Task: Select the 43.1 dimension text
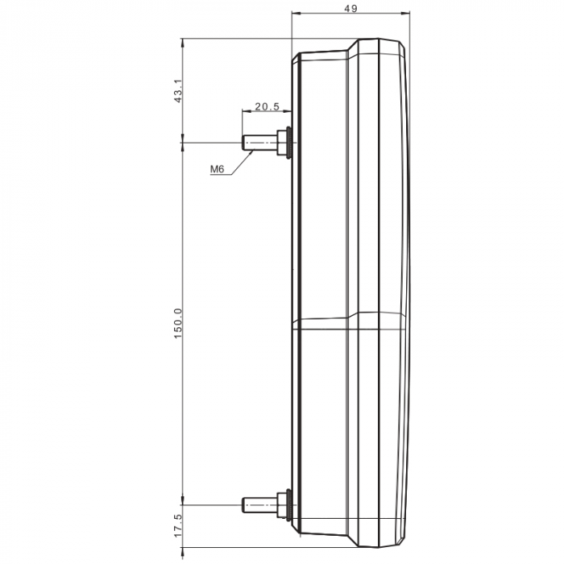tap(178, 89)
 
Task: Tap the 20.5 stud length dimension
tap(267, 106)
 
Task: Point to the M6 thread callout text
tap(217, 169)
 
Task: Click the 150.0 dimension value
tap(178, 323)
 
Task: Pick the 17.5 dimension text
tap(178, 531)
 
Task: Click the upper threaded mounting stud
tap(259, 143)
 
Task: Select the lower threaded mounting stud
tap(259, 505)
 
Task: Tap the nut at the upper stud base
tap(283, 143)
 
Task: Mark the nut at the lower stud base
tap(283, 505)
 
